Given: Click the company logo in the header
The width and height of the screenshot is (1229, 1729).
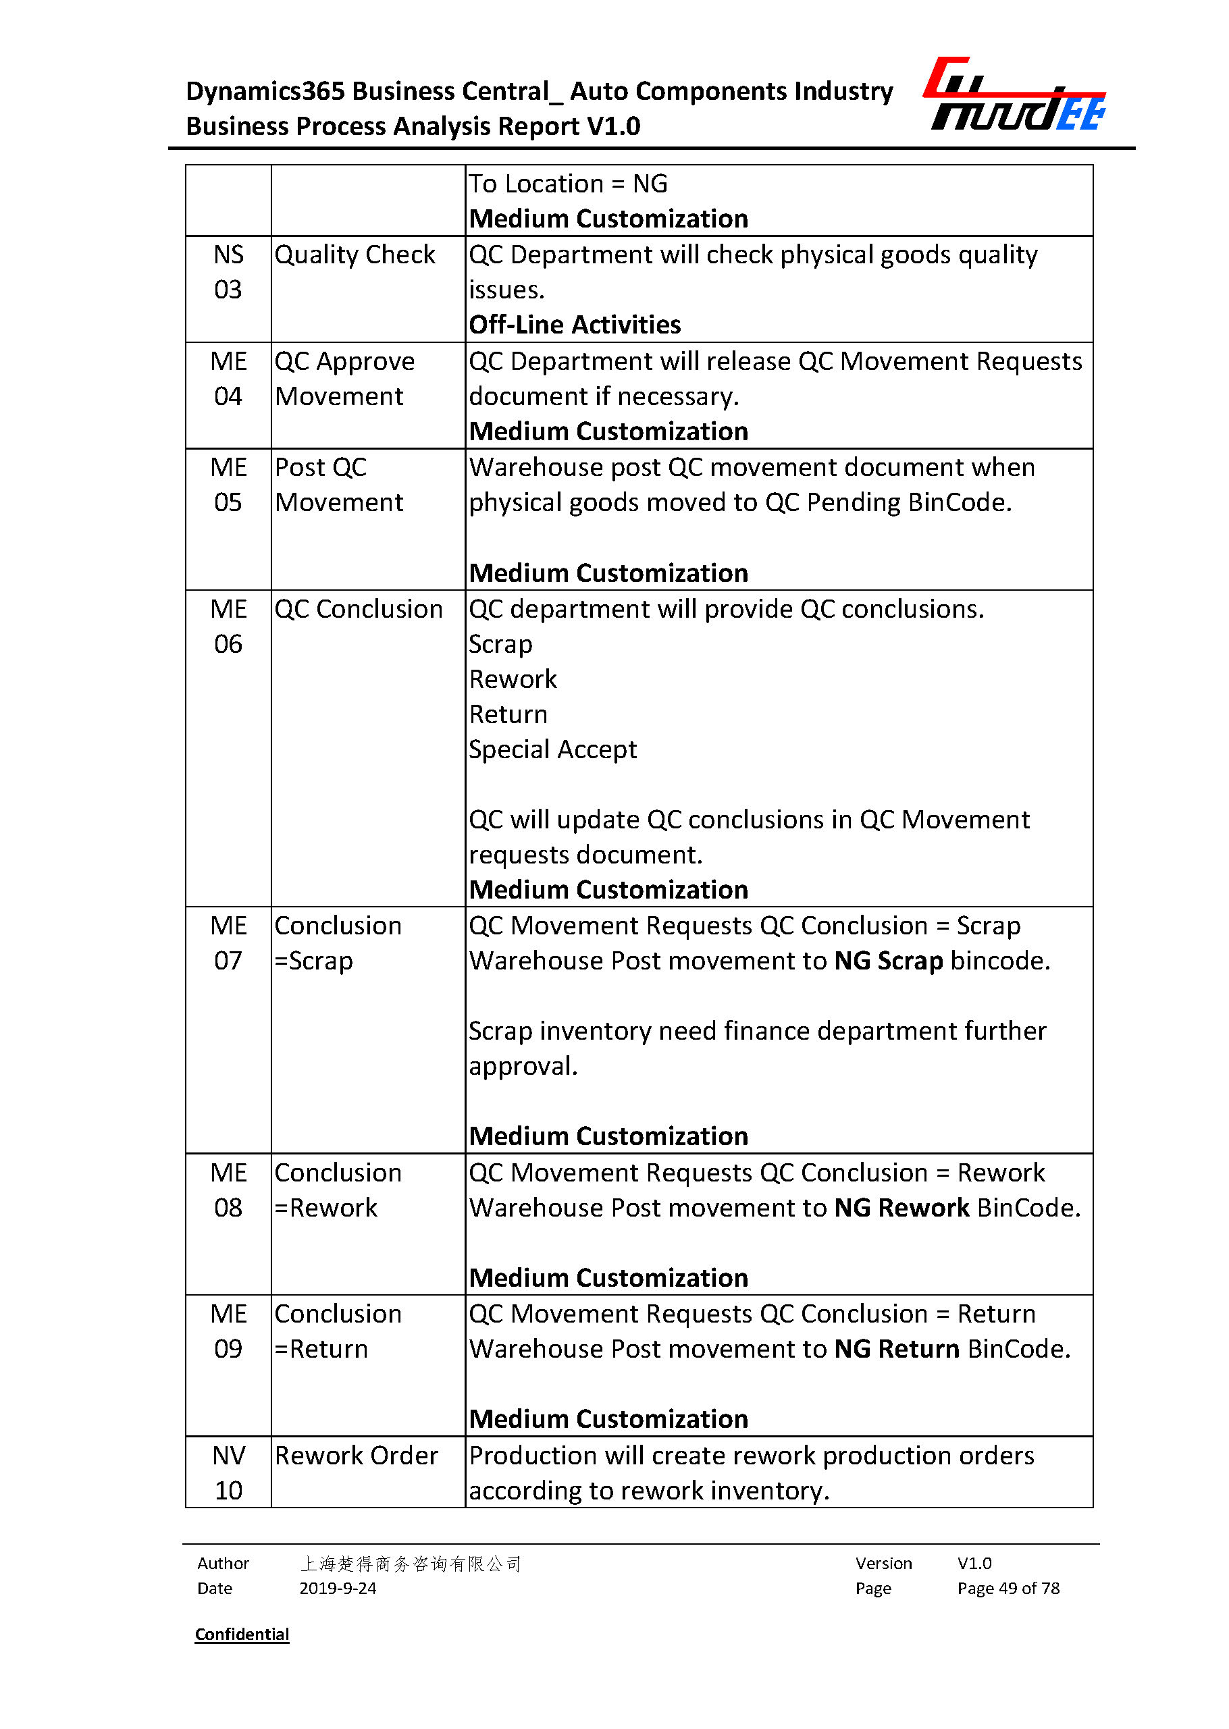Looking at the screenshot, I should (x=1015, y=95).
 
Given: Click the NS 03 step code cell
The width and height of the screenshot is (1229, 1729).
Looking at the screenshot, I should (x=228, y=271).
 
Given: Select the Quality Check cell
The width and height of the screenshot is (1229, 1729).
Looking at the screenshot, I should (x=355, y=255).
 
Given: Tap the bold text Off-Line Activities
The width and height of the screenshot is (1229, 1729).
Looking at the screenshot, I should (x=575, y=325).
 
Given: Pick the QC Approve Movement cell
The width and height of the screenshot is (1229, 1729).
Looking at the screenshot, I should (x=344, y=378).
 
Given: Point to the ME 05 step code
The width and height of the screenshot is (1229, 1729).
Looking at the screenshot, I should (x=228, y=484).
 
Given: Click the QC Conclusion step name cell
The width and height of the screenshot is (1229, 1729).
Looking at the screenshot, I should (x=358, y=609).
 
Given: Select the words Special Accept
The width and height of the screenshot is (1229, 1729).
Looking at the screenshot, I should (x=552, y=749).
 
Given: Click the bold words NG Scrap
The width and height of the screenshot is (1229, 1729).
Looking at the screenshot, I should (x=889, y=960).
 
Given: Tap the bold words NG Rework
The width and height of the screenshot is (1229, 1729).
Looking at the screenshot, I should (x=901, y=1208).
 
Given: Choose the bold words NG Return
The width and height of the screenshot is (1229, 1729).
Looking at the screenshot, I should (x=897, y=1349).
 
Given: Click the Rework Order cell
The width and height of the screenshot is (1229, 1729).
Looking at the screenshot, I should (x=356, y=1455).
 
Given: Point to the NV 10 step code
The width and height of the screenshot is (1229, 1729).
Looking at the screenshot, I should (x=228, y=1472).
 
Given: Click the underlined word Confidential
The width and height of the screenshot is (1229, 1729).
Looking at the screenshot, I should (x=242, y=1634).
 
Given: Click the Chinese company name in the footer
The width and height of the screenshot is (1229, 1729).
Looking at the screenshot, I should (x=410, y=1564).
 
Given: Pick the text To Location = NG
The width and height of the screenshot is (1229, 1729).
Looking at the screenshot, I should (x=568, y=184).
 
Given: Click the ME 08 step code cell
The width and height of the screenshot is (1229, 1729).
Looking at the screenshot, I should (x=228, y=1190).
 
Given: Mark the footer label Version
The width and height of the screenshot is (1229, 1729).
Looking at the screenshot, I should (x=883, y=1564).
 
